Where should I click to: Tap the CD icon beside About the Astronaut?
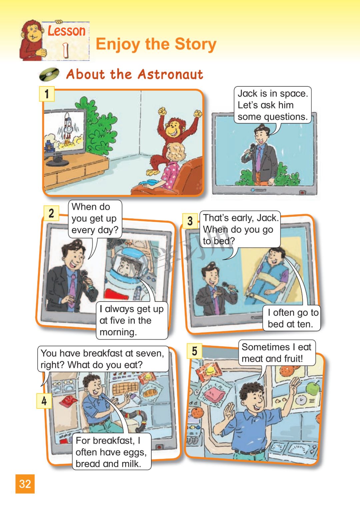[49, 74]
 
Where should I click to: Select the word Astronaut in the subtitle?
[170, 74]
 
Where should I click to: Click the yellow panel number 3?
[190, 221]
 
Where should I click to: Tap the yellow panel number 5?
[194, 351]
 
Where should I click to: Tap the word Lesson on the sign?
[67, 31]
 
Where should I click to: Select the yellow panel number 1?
[47, 94]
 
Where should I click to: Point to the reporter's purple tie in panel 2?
[72, 290]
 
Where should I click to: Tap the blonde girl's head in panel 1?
[175, 152]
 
